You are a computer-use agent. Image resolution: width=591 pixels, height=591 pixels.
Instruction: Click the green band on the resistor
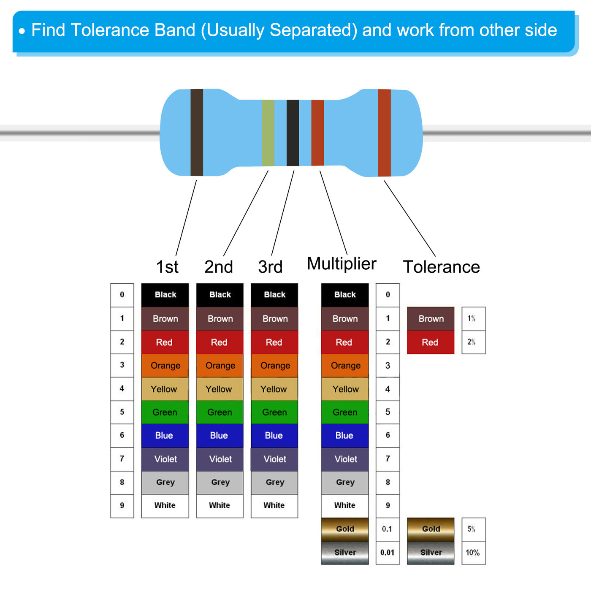coord(268,133)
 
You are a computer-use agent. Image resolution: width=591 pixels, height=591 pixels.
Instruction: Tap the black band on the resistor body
coord(293,133)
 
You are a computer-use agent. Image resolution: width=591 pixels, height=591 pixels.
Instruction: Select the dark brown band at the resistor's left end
coord(197,133)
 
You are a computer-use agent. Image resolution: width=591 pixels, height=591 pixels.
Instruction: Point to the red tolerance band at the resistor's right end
coord(384,133)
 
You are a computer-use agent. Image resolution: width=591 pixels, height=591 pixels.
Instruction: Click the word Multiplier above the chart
coord(342,263)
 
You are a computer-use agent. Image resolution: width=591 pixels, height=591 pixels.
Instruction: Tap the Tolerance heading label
coord(441,266)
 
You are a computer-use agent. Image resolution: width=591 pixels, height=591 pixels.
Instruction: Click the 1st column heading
coord(167,266)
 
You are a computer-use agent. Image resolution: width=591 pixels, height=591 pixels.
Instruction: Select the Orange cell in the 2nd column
coord(220,366)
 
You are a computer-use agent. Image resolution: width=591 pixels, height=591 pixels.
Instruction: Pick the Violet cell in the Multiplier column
coord(345,459)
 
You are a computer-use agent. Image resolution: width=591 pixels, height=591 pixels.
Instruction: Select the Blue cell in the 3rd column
coord(274,436)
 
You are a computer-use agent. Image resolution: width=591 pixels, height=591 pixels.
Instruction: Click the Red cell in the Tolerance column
coord(431,342)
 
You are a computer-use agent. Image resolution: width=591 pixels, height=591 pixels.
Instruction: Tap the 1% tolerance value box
coord(474,319)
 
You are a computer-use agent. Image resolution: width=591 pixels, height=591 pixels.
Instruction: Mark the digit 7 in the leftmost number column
coord(122,458)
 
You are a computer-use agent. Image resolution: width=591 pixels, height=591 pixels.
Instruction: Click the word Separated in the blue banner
coord(314,30)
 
